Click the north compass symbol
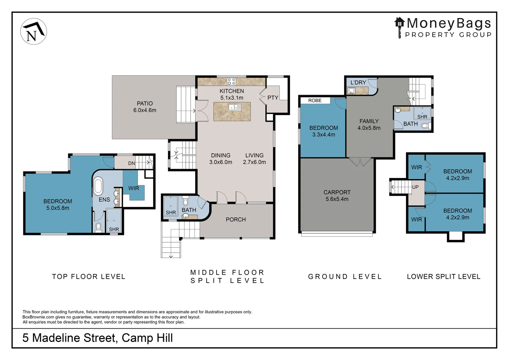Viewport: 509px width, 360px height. coord(34,31)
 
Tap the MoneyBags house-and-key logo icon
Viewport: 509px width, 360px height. coord(399,28)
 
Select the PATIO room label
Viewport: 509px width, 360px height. coord(145,103)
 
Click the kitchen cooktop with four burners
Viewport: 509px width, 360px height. coord(232,81)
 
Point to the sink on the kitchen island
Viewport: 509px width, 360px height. coord(235,107)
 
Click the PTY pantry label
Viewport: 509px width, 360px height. coord(273,98)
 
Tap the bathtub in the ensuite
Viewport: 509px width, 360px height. coord(98,187)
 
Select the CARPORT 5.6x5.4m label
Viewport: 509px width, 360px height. coord(337,196)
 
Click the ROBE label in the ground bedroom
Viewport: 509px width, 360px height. coord(315,101)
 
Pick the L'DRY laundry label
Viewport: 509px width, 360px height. coord(358,83)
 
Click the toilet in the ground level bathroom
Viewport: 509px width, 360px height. coord(426,126)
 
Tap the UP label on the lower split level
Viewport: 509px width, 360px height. coord(415,187)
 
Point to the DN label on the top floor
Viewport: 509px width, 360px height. coord(132,163)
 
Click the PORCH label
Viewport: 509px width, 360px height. coord(236,220)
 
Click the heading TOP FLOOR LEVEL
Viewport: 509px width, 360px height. coord(89,277)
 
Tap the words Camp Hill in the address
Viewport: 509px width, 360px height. coord(147,338)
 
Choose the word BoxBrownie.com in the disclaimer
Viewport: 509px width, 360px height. coord(38,317)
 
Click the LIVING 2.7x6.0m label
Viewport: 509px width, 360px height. coord(254,159)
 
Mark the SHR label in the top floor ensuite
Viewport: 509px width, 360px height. coord(114,229)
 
